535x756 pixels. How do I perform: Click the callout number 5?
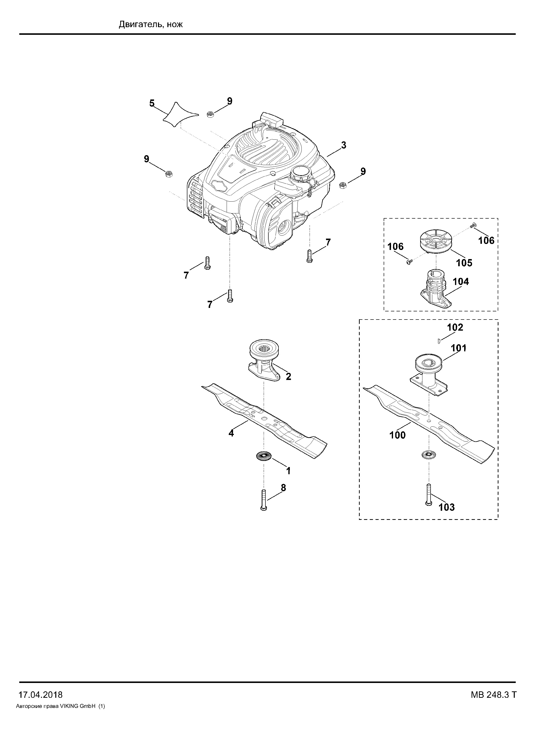152,103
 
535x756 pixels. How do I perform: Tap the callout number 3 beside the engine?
344,145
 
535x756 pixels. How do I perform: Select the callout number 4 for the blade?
231,433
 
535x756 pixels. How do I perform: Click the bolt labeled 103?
429,499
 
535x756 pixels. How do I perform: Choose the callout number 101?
458,348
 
